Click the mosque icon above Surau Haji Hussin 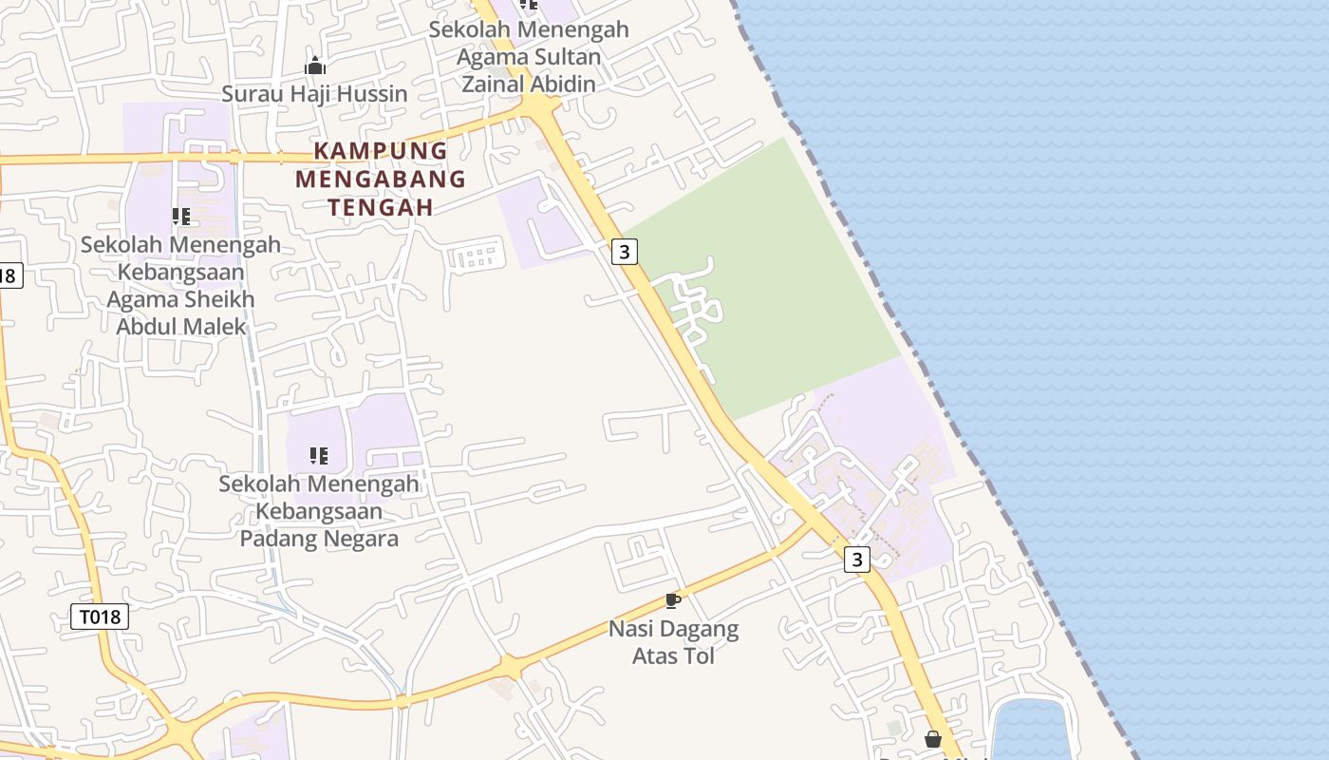point(315,66)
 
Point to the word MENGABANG point(380,178)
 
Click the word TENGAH point(380,206)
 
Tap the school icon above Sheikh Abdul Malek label point(181,217)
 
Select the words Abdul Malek point(168,327)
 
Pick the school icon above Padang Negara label point(319,456)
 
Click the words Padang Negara point(319,539)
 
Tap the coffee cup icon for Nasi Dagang point(673,600)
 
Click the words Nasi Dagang point(673,629)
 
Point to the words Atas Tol point(673,656)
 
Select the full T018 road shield point(100,617)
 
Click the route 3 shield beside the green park point(624,252)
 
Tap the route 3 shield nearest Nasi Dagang point(857,560)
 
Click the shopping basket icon point(933,739)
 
